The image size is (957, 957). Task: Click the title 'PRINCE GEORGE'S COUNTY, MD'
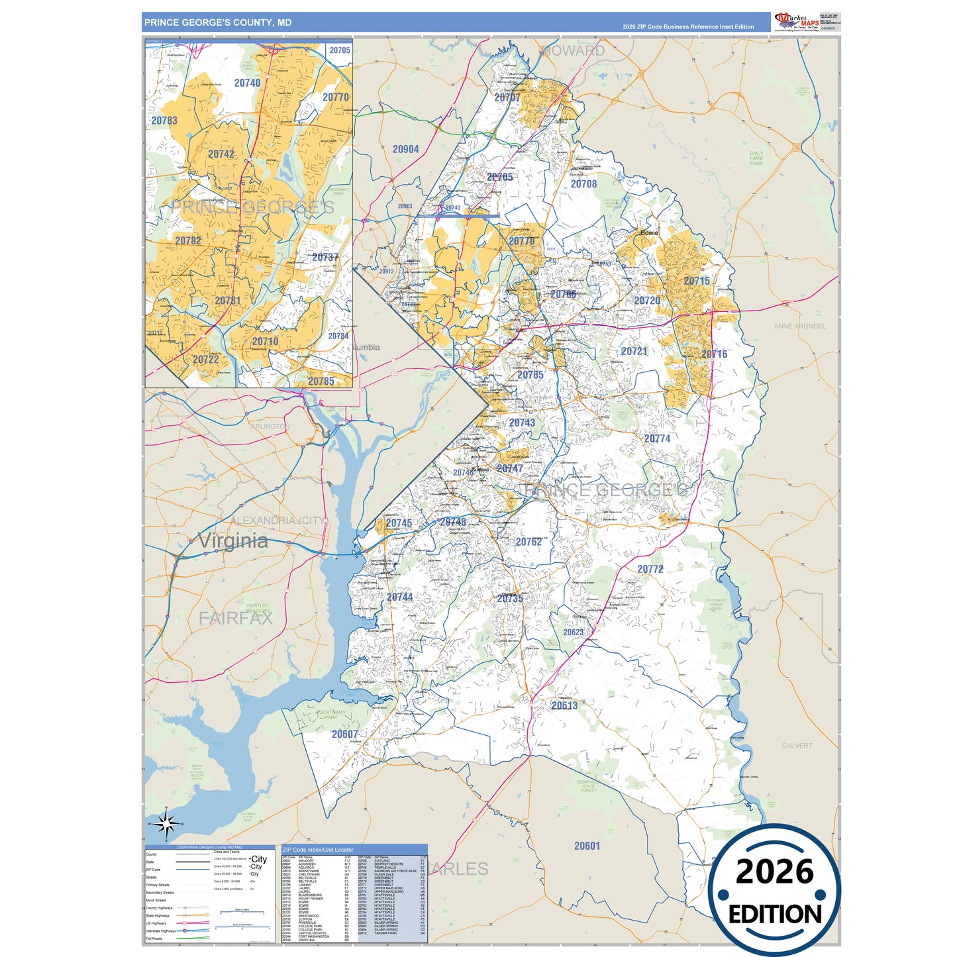218,23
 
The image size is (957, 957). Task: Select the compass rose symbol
166,824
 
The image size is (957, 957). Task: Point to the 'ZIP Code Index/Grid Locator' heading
318,849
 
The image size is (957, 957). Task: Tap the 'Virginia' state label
233,540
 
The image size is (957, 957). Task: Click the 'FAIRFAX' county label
236,619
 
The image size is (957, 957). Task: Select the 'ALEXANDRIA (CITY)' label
278,521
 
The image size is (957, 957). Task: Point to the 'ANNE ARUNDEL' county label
799,326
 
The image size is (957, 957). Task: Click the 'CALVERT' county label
796,746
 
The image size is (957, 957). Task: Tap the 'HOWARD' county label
574,51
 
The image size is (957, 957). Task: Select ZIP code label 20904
405,149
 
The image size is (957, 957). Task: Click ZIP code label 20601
587,846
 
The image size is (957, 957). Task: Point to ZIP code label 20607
344,734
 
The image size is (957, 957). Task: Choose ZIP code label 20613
564,705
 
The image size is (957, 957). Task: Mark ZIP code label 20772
650,569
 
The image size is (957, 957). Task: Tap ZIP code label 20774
657,438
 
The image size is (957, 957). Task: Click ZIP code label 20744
399,597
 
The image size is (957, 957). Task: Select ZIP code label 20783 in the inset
164,121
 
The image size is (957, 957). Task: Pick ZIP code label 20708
583,184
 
